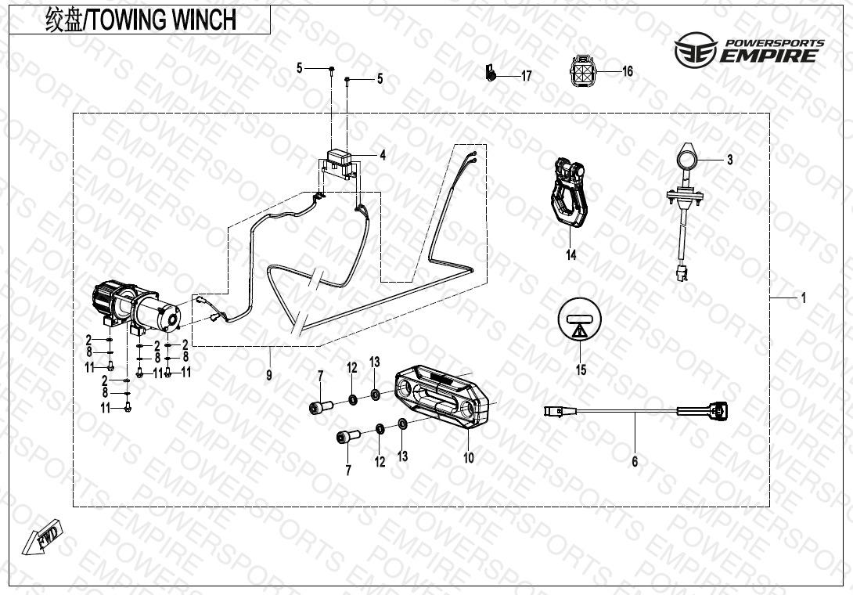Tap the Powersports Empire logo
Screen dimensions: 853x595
[749, 49]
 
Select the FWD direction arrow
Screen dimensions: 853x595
[43, 538]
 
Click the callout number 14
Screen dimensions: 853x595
[570, 254]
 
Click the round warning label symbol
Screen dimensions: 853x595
[580, 319]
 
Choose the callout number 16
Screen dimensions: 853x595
[628, 71]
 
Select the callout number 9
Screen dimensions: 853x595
[268, 375]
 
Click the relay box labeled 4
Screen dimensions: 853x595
[340, 162]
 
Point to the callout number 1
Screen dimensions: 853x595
[804, 297]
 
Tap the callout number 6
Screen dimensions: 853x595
[635, 462]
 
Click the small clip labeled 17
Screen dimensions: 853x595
[491, 72]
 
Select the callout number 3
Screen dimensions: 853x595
[730, 159]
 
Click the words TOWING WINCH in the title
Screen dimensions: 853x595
[163, 20]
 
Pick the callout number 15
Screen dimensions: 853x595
[581, 370]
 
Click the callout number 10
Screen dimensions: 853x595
[469, 458]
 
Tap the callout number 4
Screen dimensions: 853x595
[383, 155]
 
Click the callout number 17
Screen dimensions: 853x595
[526, 76]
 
